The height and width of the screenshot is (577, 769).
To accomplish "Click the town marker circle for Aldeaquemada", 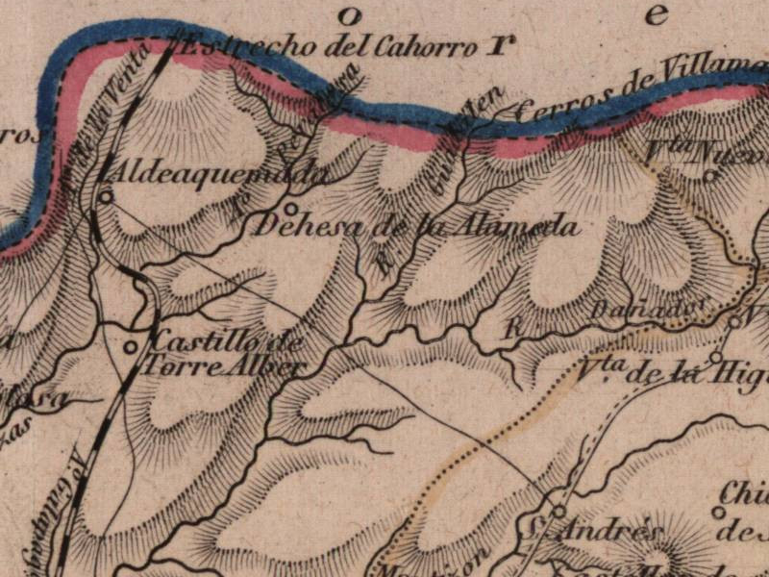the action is tap(107, 194).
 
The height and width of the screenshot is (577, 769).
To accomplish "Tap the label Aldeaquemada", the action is tap(219, 174).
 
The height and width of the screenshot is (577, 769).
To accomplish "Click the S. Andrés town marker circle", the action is tap(558, 511).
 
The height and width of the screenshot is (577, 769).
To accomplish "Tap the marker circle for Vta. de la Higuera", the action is tap(715, 357).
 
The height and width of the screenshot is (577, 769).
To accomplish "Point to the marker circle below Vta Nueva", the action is tap(709, 176).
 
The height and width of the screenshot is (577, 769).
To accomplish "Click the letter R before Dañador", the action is tap(512, 327).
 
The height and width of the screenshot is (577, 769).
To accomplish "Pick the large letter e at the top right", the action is tap(657, 13).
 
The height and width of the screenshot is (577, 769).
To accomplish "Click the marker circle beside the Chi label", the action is tap(717, 512).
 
